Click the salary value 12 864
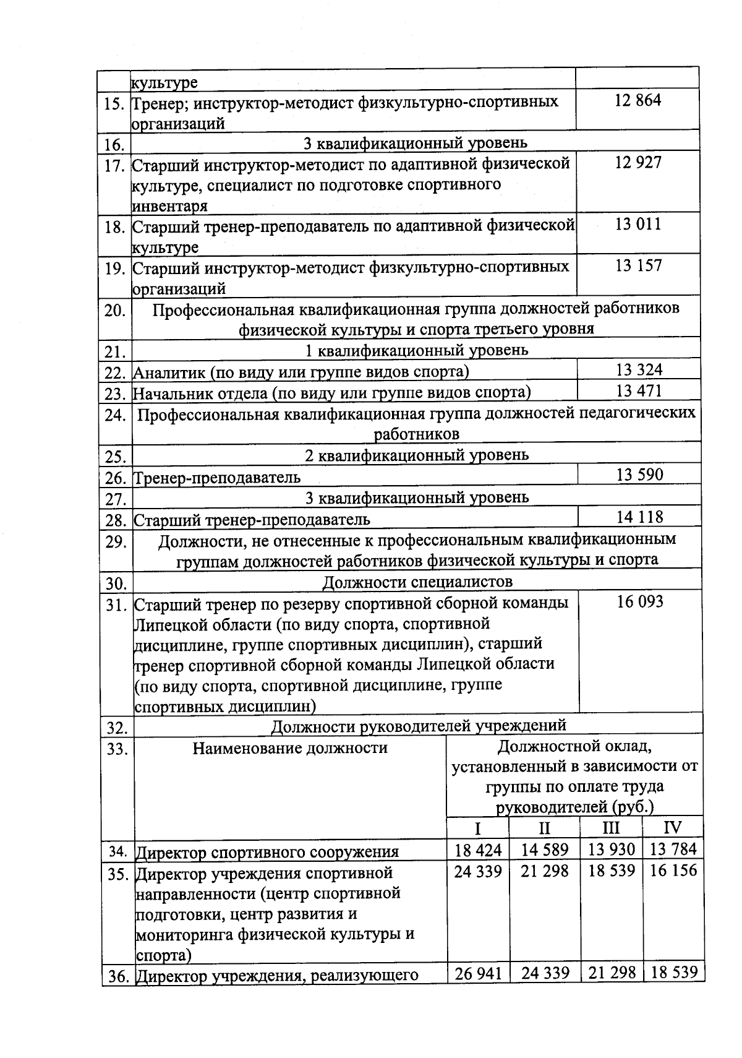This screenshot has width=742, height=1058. coord(638,100)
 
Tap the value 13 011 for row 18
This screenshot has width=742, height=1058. coord(638,224)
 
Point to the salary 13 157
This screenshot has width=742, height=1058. coord(639,266)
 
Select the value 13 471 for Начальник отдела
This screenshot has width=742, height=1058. coord(639,391)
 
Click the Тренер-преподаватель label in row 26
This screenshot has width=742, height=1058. coord(218,478)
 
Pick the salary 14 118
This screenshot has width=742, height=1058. coord(639,517)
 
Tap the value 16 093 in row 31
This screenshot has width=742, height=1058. coord(640,601)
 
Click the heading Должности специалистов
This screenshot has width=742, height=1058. coord(417,582)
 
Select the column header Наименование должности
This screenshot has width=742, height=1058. coord(290,748)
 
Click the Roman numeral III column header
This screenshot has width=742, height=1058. coord(611,828)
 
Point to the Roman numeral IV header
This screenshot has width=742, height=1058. coord(672,828)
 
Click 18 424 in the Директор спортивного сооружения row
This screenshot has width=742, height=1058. coord(478,849)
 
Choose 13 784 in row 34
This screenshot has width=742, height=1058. coord(673,849)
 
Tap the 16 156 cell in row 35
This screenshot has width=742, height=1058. coord(673,871)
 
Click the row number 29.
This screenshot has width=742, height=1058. coord(115,543)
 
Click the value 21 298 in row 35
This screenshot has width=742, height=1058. coord(544,871)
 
